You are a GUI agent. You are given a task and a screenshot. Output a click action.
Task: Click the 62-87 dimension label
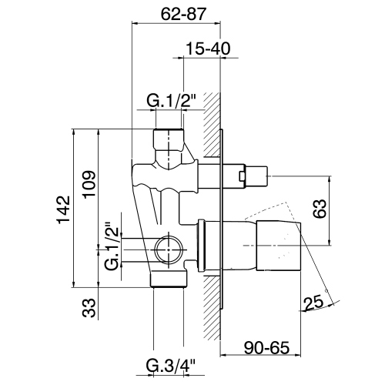tap(178, 13)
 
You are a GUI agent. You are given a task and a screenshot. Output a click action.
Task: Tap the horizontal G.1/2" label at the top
tap(172, 99)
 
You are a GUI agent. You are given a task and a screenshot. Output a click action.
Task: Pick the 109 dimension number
tap(89, 182)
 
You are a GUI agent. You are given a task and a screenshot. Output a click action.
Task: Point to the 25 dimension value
tap(313, 306)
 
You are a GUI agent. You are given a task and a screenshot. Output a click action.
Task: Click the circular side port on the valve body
tap(166, 249)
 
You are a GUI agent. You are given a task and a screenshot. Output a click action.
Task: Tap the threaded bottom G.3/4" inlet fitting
tap(169, 278)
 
